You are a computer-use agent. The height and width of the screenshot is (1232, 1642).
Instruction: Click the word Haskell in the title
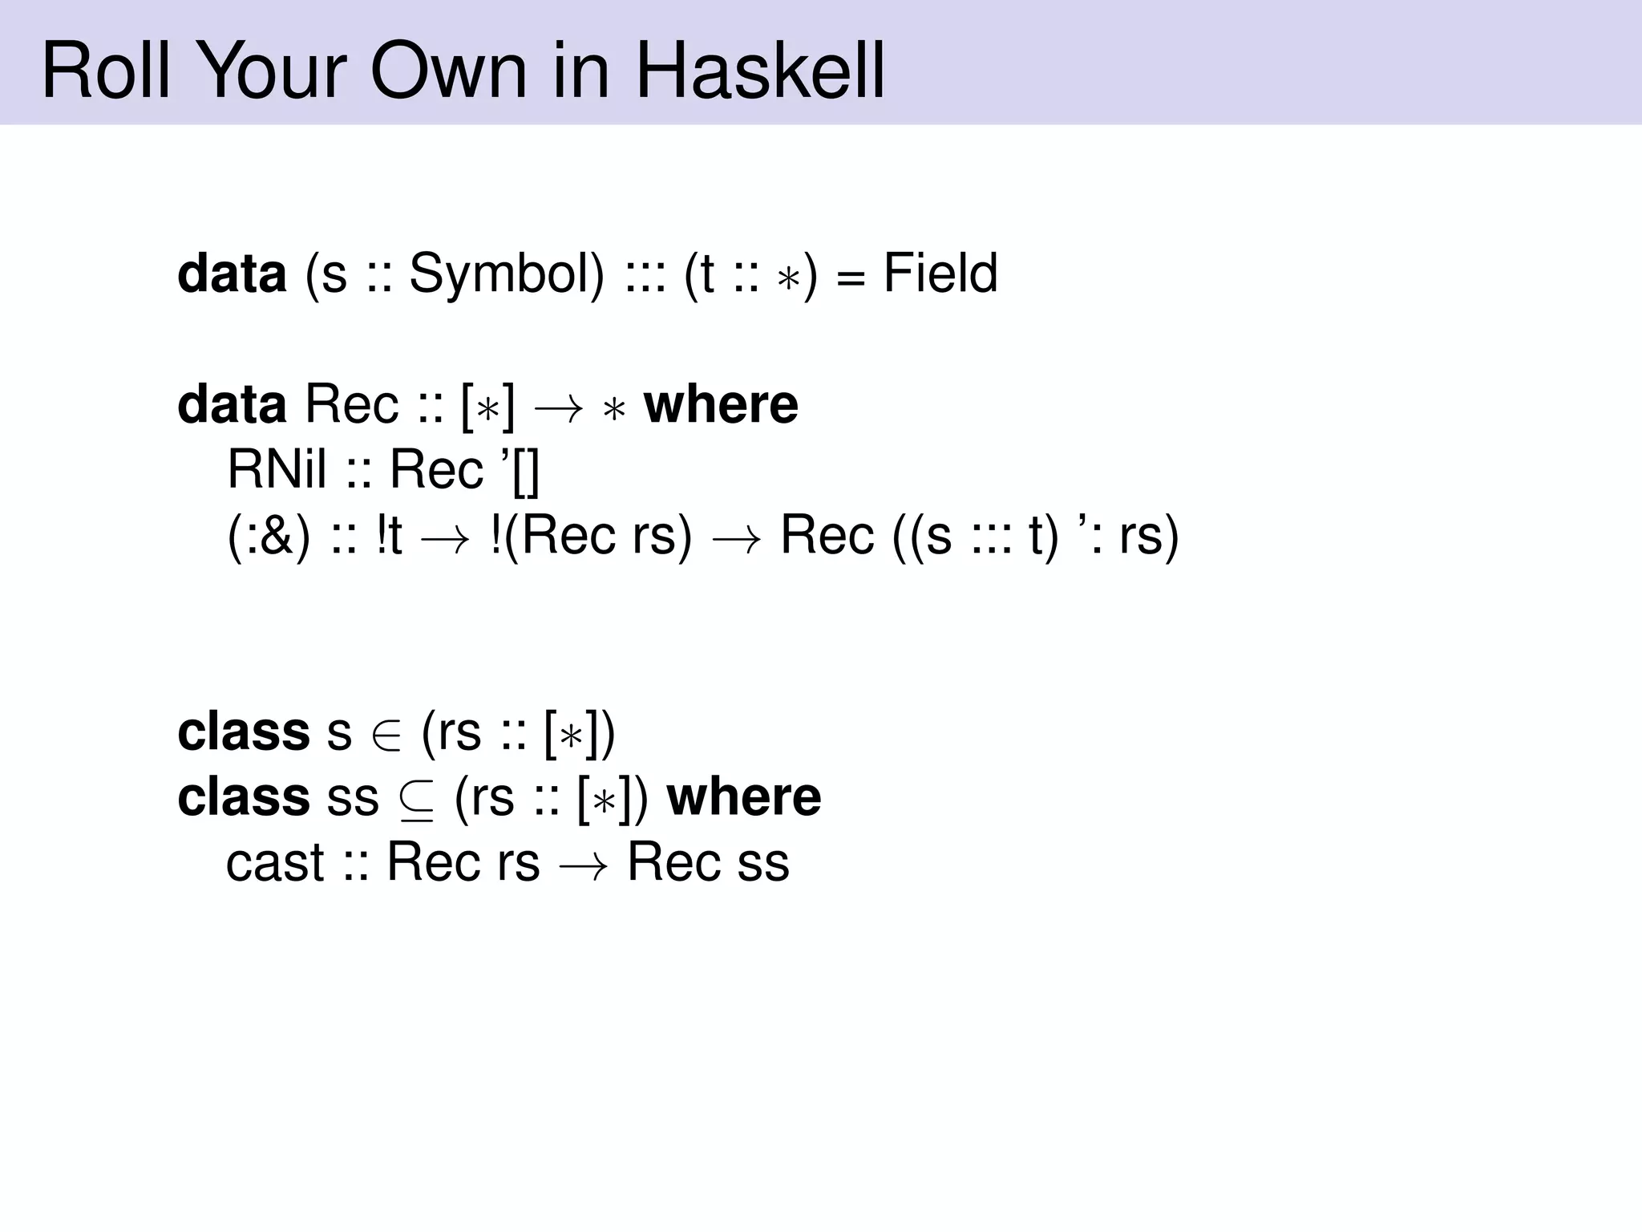pos(760,72)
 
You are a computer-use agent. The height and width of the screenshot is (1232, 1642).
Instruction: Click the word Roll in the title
pos(105,72)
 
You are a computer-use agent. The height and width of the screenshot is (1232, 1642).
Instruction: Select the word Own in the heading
pos(448,72)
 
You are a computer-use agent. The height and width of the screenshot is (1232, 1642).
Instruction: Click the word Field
pos(940,274)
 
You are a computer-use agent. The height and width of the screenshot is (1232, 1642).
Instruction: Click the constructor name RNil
pos(277,469)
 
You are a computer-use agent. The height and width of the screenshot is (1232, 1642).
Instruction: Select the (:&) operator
pos(269,536)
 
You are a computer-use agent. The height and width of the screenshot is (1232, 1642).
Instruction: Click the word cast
pos(275,864)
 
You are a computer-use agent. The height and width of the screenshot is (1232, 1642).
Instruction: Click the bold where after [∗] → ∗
pos(721,405)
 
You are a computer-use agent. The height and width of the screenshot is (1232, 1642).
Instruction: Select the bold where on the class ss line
pos(744,797)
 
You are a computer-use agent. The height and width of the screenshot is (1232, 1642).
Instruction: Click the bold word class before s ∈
pos(244,732)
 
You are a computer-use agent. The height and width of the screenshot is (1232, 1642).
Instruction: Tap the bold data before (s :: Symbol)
pos(232,274)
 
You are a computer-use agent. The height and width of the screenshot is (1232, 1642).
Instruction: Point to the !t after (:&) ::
pos(389,536)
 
